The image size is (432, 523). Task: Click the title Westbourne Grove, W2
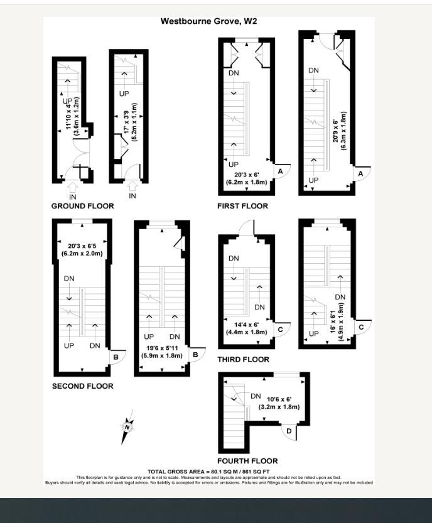[208, 21]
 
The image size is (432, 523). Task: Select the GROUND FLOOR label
[82, 206]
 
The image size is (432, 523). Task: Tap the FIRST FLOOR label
[242, 206]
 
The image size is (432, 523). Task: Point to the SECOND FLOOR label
[82, 386]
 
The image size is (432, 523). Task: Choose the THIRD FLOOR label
[243, 360]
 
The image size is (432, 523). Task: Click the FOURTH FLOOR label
[247, 461]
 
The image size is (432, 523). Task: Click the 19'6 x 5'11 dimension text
[161, 347]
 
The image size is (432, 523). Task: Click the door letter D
[288, 431]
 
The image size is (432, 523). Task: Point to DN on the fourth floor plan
[256, 396]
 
